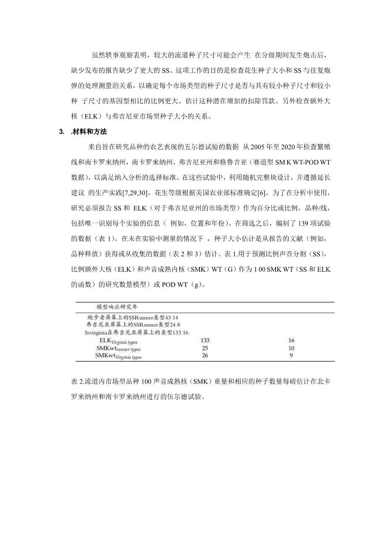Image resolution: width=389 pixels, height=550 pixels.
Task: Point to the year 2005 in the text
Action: click(x=257, y=147)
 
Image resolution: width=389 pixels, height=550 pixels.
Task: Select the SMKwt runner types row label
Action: click(x=118, y=348)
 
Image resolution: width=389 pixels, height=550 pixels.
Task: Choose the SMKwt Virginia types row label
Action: click(x=118, y=356)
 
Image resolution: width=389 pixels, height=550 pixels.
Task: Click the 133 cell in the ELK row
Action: click(x=205, y=340)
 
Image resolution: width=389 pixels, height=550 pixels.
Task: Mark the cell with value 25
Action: click(x=205, y=348)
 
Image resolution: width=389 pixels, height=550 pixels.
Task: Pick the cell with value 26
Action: click(x=205, y=355)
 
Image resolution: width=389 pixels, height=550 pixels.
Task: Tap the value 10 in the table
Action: click(x=291, y=348)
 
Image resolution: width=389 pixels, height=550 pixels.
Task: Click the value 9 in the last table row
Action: click(x=291, y=355)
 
